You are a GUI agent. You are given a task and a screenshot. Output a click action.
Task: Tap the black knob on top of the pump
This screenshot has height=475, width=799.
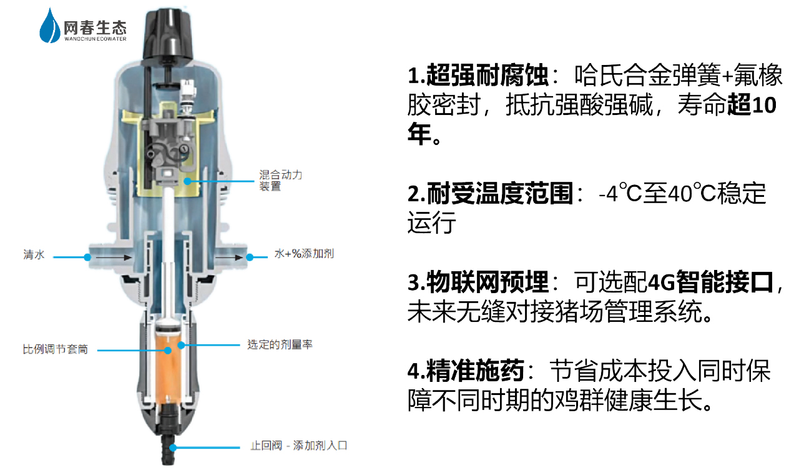pos(168,34)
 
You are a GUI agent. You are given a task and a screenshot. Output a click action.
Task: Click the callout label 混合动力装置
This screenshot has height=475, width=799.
pos(280,181)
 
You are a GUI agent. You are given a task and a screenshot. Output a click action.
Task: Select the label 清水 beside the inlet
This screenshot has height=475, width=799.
pos(34,254)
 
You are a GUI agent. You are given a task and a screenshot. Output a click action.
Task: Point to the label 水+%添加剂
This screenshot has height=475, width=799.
pos(304,254)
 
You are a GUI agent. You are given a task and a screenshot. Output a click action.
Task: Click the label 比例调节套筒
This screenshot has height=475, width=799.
pos(56,349)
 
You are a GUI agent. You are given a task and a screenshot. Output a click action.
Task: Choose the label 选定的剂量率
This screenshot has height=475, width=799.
pos(280,344)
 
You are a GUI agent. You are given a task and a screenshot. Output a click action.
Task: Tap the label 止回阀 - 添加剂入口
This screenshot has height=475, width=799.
pos(299,446)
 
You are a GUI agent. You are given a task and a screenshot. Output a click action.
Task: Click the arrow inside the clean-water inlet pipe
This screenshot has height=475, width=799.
pos(114,257)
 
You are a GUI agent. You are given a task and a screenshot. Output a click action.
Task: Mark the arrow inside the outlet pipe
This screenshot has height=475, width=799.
pos(229,257)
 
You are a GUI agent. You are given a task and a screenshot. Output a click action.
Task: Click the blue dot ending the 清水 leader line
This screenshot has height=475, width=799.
pos(87,257)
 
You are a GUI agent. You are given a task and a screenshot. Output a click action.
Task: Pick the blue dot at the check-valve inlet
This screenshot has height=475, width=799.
pos(173,447)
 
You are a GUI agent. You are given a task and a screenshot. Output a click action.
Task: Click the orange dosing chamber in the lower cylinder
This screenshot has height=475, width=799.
pos(169,368)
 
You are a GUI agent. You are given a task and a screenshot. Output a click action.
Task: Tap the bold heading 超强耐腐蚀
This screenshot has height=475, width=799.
pos(488,76)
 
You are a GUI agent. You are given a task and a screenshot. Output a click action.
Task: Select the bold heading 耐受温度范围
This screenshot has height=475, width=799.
pos(500,194)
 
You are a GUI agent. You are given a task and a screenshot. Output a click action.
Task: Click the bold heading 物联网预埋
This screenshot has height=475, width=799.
pos(488,282)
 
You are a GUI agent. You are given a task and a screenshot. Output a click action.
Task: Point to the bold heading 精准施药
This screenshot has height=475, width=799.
pos(475,371)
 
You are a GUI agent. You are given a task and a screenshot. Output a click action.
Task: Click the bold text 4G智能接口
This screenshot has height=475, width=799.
pos(710,282)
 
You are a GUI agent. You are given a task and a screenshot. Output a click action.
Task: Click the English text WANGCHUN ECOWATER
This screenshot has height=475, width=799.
pos(96,39)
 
